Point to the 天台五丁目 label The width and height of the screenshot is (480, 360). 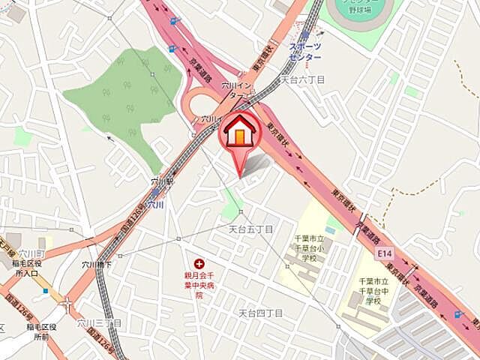[x=250, y=228]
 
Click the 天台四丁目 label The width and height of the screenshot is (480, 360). [x=260, y=312]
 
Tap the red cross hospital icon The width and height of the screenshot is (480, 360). [x=199, y=263]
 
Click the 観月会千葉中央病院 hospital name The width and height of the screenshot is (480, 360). [x=199, y=285]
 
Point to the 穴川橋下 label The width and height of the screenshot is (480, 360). [x=97, y=265]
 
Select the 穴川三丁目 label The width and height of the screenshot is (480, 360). [x=98, y=322]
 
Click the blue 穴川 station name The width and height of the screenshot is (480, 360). [x=155, y=204]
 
